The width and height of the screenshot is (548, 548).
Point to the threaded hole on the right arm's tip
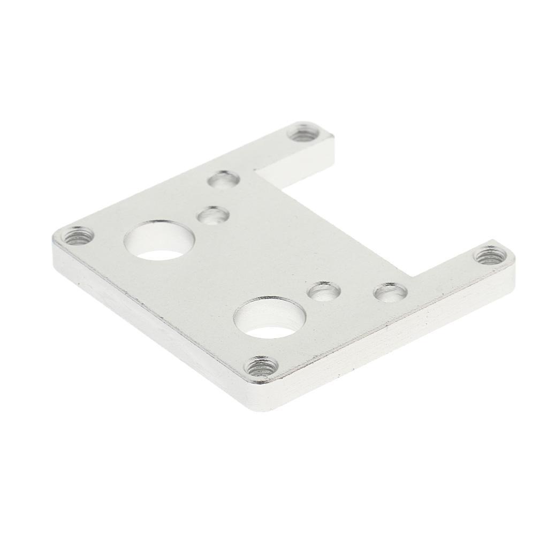(490, 254)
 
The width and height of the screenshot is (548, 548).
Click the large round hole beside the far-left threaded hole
(159, 241)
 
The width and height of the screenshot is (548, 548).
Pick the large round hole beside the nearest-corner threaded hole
(270, 317)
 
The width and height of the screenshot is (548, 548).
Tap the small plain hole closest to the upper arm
(223, 179)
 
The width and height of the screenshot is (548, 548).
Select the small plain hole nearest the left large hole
(213, 215)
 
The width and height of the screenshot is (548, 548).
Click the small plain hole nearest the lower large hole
(324, 291)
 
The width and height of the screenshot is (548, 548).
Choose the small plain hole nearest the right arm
(390, 292)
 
